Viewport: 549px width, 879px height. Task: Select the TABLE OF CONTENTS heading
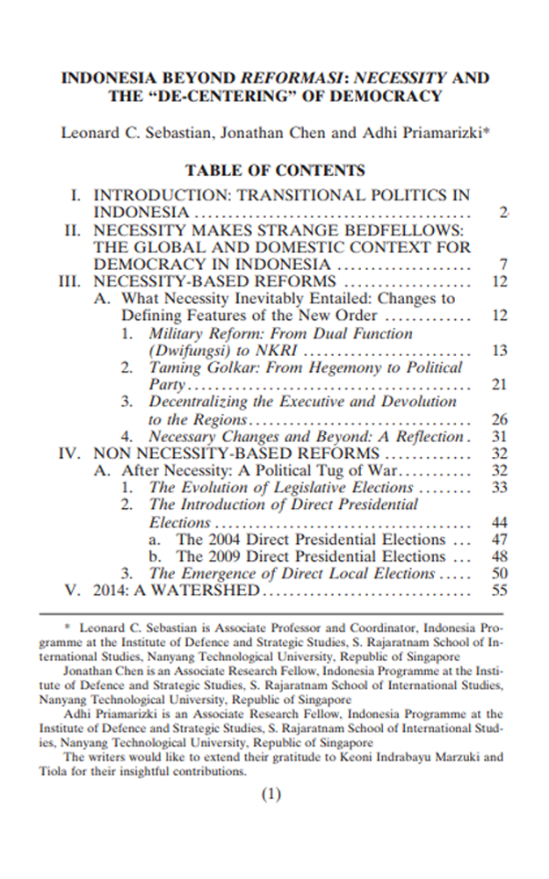pos(274,171)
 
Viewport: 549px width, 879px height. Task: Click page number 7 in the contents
pos(503,265)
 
